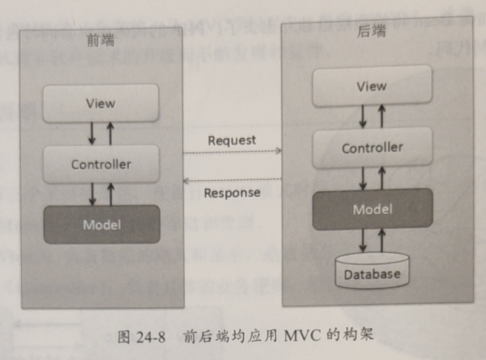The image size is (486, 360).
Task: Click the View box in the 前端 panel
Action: [x=100, y=103]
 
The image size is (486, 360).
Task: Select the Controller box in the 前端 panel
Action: [x=100, y=164]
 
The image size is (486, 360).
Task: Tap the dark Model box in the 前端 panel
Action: [x=101, y=224]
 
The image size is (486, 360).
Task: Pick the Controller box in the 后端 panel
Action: [x=372, y=148]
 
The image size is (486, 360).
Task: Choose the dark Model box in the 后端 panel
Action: [x=372, y=209]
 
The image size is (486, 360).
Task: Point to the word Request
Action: [x=231, y=140]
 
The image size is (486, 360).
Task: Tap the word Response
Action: [x=231, y=193]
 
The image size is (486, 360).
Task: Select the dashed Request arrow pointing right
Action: [x=233, y=151]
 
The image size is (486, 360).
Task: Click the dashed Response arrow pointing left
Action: [x=233, y=180]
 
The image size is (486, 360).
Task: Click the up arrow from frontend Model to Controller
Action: [x=110, y=194]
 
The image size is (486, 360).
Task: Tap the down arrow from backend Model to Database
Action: [x=363, y=240]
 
